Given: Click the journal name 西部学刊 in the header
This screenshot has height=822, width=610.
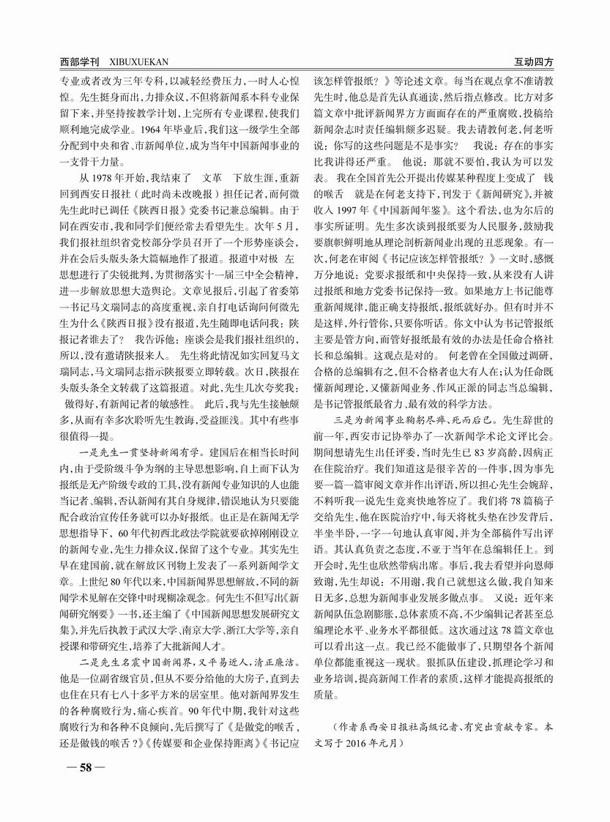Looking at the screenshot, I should click(x=78, y=62).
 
